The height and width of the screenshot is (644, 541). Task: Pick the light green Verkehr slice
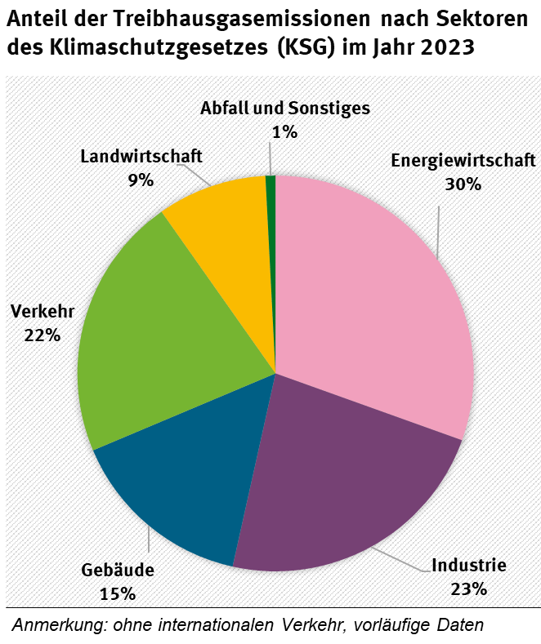pos(163,351)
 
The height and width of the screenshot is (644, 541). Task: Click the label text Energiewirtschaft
pos(463,160)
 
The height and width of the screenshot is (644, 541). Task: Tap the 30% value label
pos(463,184)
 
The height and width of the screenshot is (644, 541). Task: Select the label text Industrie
pos(469,565)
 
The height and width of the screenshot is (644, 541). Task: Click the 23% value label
pos(468,588)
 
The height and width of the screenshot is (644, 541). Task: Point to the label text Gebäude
pos(118,570)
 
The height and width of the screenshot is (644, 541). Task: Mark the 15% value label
pos(118,593)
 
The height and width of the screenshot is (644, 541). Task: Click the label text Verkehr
pos(42,310)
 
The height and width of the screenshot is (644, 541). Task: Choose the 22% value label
pos(42,334)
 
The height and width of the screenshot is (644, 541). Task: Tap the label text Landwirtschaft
pos(141,156)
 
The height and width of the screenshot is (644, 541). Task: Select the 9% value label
pos(141,180)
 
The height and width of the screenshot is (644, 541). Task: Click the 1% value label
pos(284,131)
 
